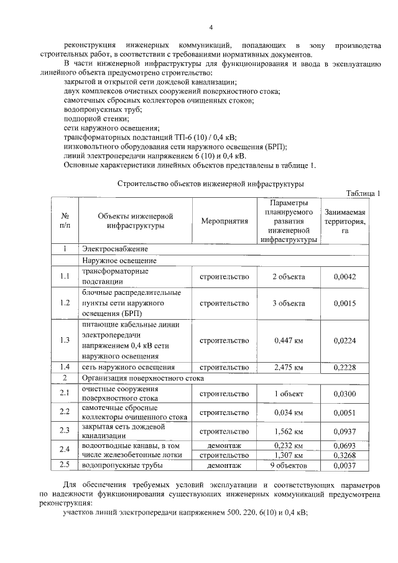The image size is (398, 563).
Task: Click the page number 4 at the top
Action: [x=211, y=28]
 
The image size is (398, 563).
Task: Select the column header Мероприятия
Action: [x=224, y=221]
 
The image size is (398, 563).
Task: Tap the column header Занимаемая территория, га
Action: [x=345, y=221]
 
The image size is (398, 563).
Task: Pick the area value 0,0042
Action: [x=345, y=277]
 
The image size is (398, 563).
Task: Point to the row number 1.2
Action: [x=64, y=303]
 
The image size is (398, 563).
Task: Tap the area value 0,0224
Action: [x=345, y=340]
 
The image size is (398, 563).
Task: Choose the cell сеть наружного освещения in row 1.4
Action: [x=127, y=368]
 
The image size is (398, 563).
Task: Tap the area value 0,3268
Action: [x=345, y=455]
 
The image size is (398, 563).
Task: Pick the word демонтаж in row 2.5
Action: [x=224, y=465]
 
